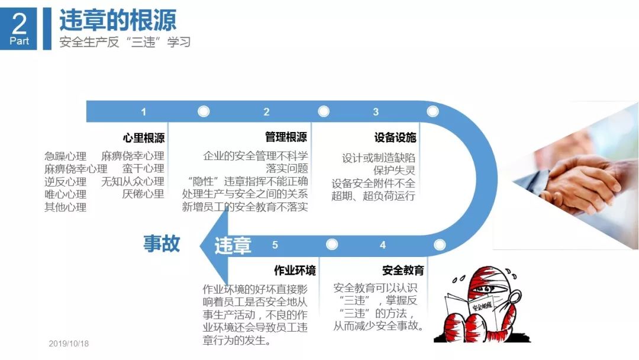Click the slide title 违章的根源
pyautogui.click(x=118, y=20)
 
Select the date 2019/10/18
pyautogui.click(x=69, y=343)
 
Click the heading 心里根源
pyautogui.click(x=143, y=138)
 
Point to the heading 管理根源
pyautogui.click(x=286, y=137)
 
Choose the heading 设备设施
pyautogui.click(x=395, y=138)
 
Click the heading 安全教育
pyautogui.click(x=403, y=271)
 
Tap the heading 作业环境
pyautogui.click(x=294, y=271)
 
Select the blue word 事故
pyautogui.click(x=162, y=243)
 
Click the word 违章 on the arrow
pyautogui.click(x=233, y=245)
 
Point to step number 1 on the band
pyautogui.click(x=143, y=112)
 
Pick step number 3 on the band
pyautogui.click(x=376, y=112)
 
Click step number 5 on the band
pyautogui.click(x=275, y=245)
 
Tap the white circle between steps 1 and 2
pyautogui.click(x=204, y=111)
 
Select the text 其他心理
pyautogui.click(x=65, y=207)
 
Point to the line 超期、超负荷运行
pyautogui.click(x=373, y=196)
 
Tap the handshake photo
pyautogui.click(x=577, y=184)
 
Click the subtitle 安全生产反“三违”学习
pyautogui.click(x=125, y=43)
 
